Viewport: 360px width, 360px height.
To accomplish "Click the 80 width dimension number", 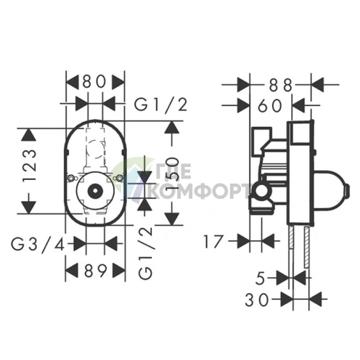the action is pyautogui.click(x=94, y=81).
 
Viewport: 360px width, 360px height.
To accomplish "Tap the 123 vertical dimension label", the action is pyautogui.click(x=30, y=165).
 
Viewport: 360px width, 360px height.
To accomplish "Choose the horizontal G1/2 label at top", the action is pyautogui.click(x=161, y=105).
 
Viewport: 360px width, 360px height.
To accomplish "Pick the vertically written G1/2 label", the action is pyautogui.click(x=146, y=253).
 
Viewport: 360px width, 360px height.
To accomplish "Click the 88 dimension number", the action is pyautogui.click(x=281, y=85).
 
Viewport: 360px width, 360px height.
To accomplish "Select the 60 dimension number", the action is pyautogui.click(x=270, y=106).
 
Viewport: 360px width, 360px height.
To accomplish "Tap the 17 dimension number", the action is pyautogui.click(x=213, y=242).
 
